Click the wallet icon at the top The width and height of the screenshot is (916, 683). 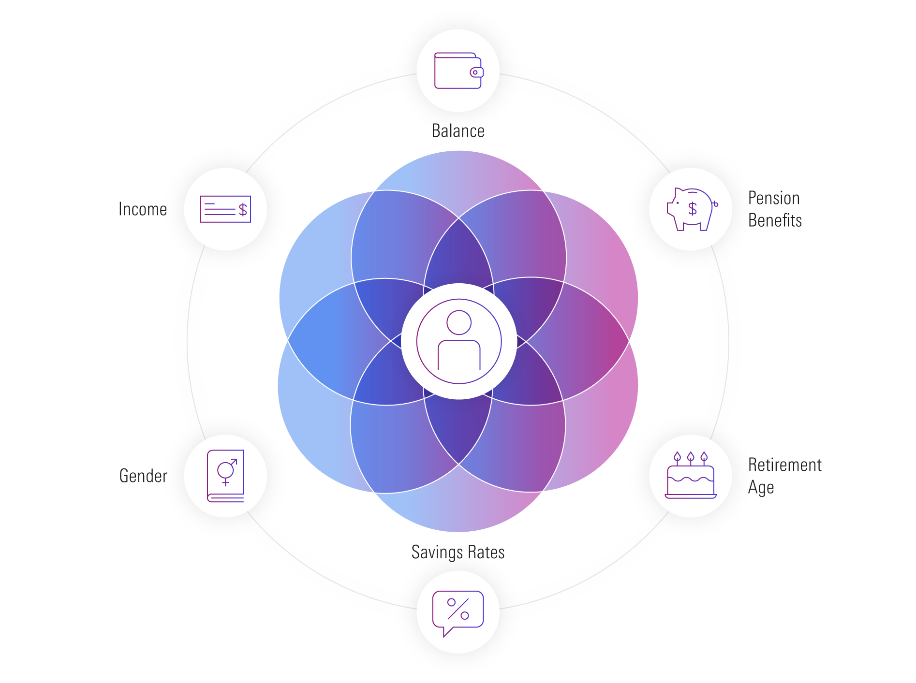[x=458, y=71]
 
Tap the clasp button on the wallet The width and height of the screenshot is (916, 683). [x=475, y=73]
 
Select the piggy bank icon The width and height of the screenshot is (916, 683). [x=690, y=209]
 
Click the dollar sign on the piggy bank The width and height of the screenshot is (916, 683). [x=693, y=209]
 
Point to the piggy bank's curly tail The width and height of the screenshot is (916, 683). [x=715, y=204]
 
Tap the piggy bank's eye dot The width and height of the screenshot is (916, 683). [x=678, y=203]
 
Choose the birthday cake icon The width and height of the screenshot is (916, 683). [x=690, y=476]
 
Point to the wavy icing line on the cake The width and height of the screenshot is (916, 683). [x=690, y=479]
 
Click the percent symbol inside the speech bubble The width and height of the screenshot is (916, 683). [x=458, y=609]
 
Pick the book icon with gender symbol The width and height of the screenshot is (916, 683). [x=225, y=476]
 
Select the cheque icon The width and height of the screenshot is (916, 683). [x=225, y=209]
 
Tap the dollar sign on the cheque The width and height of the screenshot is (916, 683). [x=243, y=210]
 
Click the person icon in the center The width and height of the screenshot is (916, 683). [x=459, y=341]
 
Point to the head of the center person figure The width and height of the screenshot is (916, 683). [x=459, y=322]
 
